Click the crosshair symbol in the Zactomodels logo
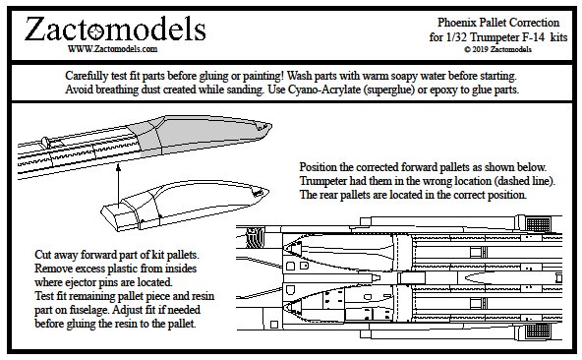click(x=97, y=30)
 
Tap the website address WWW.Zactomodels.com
click(x=112, y=49)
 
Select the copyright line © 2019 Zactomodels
click(x=497, y=49)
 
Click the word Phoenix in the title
click(x=456, y=23)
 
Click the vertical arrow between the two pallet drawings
click(x=118, y=185)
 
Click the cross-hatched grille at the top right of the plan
click(x=538, y=225)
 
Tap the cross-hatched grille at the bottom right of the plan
click(x=538, y=330)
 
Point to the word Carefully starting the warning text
click(x=87, y=76)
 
